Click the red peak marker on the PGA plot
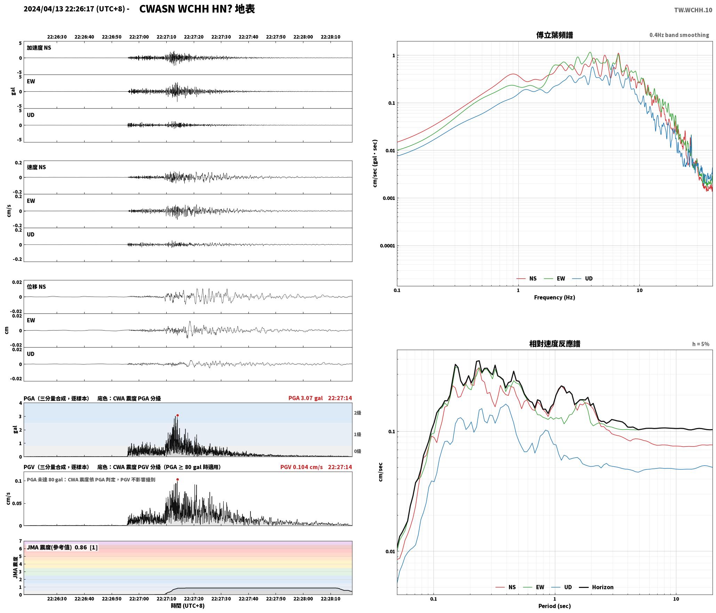(177, 415)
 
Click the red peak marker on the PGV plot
(177, 479)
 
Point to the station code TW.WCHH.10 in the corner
(693, 10)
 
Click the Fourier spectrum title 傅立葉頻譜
(555, 35)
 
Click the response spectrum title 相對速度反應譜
(555, 343)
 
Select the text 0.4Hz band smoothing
(679, 35)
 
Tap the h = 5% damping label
(700, 344)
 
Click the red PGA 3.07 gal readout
(305, 398)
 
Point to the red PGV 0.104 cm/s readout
(301, 467)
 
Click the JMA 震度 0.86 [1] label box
(62, 547)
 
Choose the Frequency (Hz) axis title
(555, 297)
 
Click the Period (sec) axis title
(555, 606)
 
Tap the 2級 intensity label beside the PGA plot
(357, 413)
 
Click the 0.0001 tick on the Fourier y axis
(387, 246)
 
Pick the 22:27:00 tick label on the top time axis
(139, 37)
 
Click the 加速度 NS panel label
(39, 48)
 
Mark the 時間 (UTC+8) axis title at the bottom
(188, 606)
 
